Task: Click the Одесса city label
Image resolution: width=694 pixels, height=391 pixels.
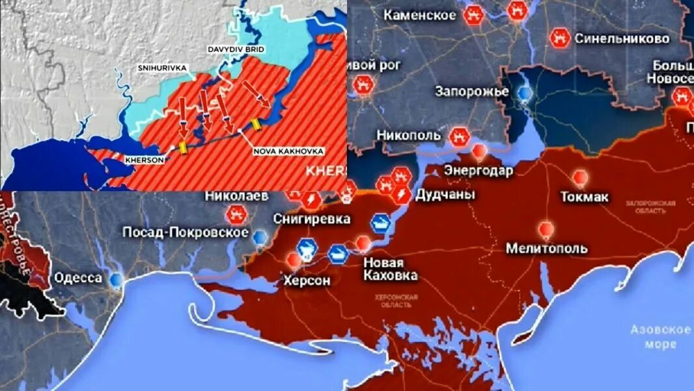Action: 77,278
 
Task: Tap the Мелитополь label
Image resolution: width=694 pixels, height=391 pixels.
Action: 547,248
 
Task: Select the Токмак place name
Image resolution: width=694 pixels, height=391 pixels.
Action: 584,196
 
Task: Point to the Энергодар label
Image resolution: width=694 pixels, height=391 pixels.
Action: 479,171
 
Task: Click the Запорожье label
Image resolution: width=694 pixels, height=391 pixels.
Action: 471,91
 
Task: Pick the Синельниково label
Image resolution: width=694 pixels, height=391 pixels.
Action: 622,39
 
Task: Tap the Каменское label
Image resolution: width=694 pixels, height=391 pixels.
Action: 420,15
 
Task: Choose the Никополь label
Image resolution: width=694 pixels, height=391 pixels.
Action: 408,136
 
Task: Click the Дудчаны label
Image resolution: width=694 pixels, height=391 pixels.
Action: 445,194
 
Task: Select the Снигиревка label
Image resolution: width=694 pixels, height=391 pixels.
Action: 312,218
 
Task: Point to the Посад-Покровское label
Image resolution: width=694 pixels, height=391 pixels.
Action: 185,233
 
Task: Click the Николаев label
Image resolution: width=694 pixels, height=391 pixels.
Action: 236,195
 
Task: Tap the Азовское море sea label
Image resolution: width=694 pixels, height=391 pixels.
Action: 660,336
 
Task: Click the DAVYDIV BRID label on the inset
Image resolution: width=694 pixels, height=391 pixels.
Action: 235,49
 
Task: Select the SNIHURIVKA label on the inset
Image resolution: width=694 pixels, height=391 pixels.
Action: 161,68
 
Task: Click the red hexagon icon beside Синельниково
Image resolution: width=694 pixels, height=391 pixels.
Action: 559,38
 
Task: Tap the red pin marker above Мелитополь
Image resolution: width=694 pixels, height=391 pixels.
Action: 546,229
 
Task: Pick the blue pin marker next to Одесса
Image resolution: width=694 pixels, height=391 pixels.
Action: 117,280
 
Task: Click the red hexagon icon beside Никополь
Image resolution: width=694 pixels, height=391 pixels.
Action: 460,136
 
